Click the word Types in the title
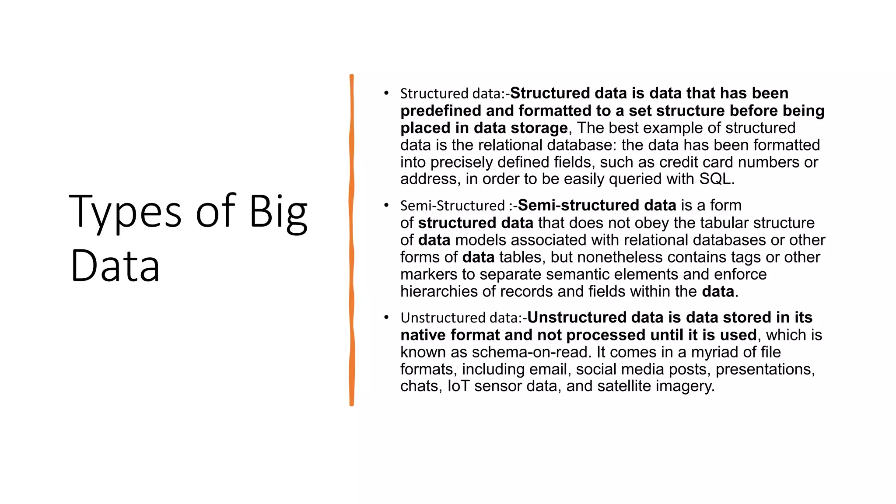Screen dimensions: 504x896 125,212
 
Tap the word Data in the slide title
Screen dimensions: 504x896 115,266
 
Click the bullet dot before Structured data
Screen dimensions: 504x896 386,93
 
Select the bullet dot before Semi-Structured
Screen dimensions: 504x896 386,205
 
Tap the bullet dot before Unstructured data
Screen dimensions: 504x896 386,317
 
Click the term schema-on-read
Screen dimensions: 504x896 531,352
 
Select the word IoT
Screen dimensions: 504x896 458,386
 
